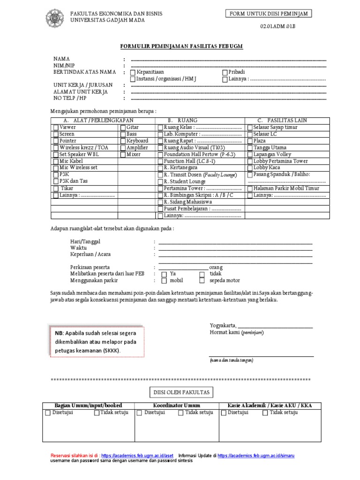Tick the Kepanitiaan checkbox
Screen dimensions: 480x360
(133, 73)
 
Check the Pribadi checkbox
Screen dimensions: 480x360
(225, 73)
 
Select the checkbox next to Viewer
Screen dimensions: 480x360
(56, 127)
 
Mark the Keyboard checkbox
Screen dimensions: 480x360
(123, 141)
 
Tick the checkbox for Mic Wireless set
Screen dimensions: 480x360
(56, 168)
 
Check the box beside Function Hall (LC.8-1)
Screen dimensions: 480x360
(160, 161)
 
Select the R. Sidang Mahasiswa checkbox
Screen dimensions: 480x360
(160, 202)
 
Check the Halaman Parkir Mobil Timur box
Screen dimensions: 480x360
(250, 188)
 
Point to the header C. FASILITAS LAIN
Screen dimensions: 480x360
(282, 120)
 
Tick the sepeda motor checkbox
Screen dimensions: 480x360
(202, 281)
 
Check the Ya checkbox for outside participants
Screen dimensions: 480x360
(164, 274)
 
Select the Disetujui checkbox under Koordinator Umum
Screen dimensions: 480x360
(139, 413)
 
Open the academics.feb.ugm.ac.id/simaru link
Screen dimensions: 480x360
(256, 456)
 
